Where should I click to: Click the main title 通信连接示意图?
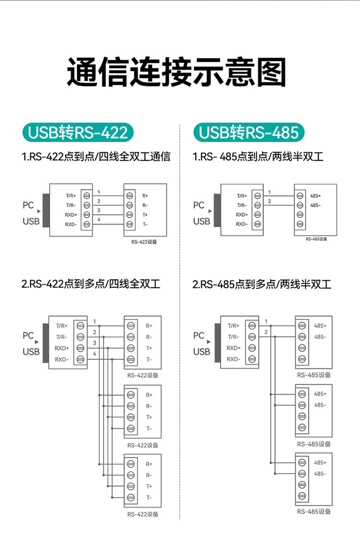176,72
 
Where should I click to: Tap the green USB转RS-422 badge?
78,132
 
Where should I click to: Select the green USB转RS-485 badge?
249,132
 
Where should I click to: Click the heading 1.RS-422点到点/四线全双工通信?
96,156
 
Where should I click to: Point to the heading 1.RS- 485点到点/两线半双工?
258,156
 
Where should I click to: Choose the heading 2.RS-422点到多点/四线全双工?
91,284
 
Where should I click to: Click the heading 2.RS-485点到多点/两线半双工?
262,284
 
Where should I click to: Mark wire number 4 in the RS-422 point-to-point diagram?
99,220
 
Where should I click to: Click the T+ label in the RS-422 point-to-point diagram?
145,215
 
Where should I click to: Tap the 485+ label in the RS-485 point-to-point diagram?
315,196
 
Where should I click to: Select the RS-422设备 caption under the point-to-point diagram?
144,242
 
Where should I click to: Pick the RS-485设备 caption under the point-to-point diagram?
316,239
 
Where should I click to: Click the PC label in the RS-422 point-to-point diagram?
28,205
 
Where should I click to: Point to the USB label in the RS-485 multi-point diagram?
202,352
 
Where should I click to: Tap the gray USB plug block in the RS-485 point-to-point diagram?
217,211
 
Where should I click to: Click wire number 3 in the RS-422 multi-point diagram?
95,343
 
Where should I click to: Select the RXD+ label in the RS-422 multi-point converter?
62,348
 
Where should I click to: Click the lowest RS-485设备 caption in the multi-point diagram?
314,511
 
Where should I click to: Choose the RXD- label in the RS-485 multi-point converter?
233,359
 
